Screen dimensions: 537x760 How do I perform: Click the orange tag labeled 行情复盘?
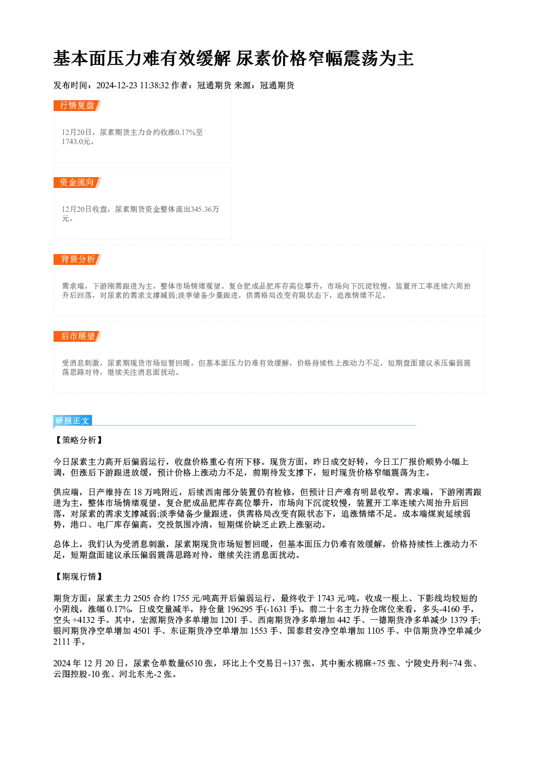point(77,106)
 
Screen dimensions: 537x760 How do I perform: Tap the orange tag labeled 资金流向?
point(77,183)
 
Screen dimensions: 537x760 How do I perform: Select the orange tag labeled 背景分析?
point(77,259)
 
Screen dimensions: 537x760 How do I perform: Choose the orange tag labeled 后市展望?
point(77,336)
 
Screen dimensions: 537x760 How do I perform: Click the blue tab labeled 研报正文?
point(73,421)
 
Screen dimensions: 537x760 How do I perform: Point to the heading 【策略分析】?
point(78,440)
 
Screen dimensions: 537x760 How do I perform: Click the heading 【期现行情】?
point(78,576)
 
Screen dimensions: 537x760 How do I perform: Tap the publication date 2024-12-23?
point(117,86)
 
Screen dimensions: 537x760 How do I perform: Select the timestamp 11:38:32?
point(154,86)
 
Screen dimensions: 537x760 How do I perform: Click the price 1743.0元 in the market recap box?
point(76,141)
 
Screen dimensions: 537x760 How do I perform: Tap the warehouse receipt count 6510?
point(194,663)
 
